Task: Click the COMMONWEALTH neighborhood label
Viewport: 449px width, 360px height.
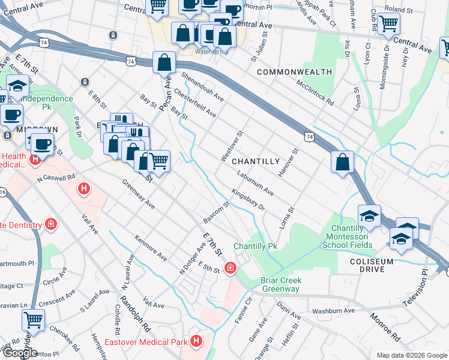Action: click(x=294, y=72)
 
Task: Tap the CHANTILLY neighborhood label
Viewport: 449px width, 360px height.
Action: click(x=256, y=161)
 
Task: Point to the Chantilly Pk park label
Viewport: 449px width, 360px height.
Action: click(x=255, y=247)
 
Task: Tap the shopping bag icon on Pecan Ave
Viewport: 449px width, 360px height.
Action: click(x=164, y=62)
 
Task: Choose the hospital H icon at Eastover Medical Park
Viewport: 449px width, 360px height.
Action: click(x=196, y=341)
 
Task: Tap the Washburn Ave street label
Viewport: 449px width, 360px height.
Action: click(x=334, y=311)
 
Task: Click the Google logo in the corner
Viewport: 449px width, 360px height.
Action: click(x=19, y=353)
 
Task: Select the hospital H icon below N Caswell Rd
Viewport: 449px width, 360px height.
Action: click(x=84, y=190)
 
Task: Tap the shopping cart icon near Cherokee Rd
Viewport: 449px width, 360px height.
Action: click(x=34, y=319)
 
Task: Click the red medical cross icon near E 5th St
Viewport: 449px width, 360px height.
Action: click(x=230, y=268)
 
